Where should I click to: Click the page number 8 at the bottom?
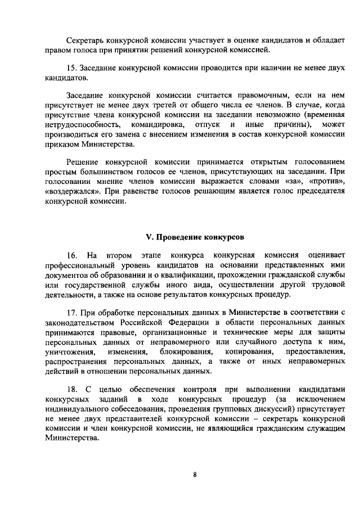195,474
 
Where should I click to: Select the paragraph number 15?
71,67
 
